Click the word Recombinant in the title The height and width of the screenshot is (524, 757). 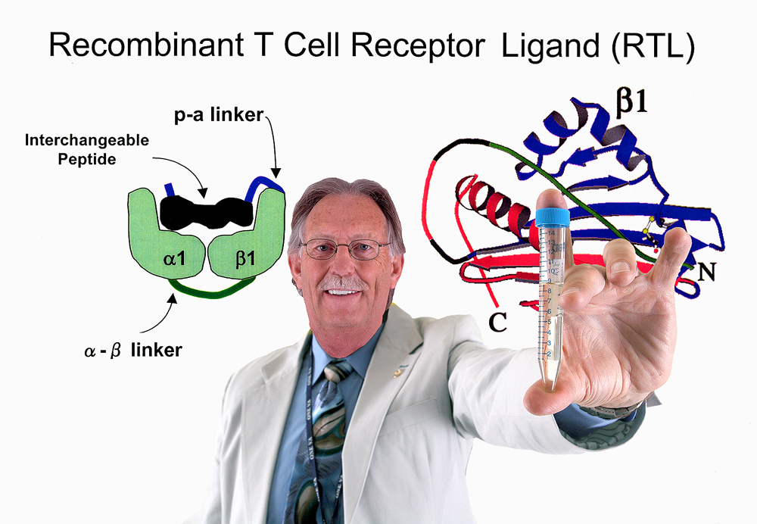pyautogui.click(x=146, y=45)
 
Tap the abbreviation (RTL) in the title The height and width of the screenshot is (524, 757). pyautogui.click(x=653, y=48)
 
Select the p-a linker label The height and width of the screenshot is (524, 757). pyautogui.click(x=219, y=115)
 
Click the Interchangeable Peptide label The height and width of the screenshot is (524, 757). pyautogui.click(x=87, y=149)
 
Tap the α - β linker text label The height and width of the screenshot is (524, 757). pyautogui.click(x=133, y=350)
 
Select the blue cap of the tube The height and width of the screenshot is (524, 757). pyautogui.click(x=553, y=217)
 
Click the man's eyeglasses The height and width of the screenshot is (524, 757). pyautogui.click(x=344, y=248)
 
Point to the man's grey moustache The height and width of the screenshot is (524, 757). pyautogui.click(x=342, y=283)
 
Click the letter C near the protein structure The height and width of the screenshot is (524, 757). pyautogui.click(x=497, y=322)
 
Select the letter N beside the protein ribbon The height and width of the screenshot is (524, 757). pyautogui.click(x=707, y=273)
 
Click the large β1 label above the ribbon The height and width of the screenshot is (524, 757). pyautogui.click(x=631, y=101)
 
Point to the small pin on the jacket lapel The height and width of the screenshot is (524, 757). pyautogui.click(x=399, y=372)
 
